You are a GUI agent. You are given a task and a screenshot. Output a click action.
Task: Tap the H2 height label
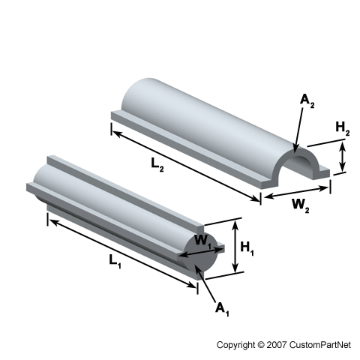[x=343, y=129]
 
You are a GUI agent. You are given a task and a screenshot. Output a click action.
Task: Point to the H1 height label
[x=248, y=251]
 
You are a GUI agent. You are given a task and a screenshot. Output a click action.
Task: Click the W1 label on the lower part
[x=202, y=241]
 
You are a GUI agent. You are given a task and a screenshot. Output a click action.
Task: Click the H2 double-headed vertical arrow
[x=343, y=158]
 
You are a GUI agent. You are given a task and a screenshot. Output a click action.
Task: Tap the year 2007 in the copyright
[x=274, y=345]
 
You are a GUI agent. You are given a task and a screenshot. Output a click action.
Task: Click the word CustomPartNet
[x=319, y=345]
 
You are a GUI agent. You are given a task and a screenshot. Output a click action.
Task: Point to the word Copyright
[x=235, y=345]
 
